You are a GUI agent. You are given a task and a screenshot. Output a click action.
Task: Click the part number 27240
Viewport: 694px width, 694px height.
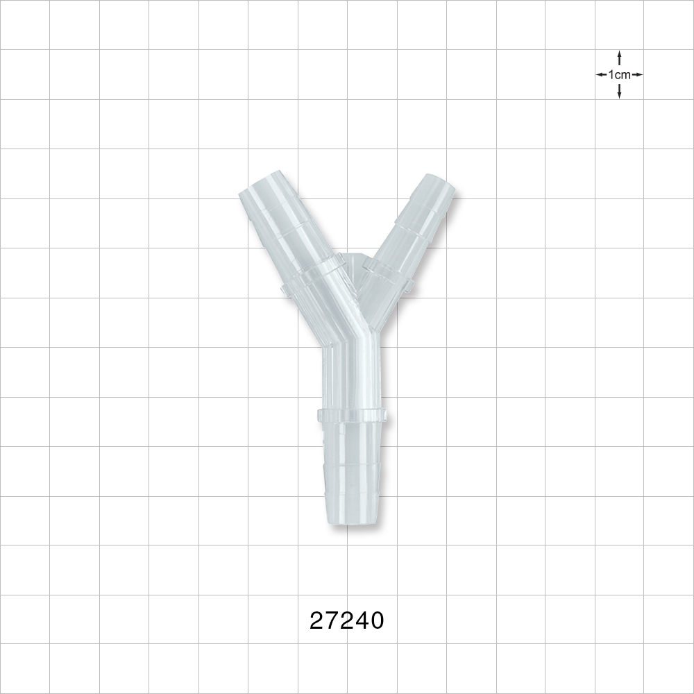pyautogui.click(x=346, y=620)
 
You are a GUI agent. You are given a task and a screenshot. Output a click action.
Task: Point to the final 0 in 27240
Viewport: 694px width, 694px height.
pyautogui.click(x=376, y=620)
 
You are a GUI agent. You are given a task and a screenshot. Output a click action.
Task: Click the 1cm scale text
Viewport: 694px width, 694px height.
pyautogui.click(x=619, y=74)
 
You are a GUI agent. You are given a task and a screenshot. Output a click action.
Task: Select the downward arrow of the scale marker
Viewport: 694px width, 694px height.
pyautogui.click(x=619, y=92)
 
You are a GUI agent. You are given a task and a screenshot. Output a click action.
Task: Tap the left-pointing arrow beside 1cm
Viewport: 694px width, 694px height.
pyautogui.click(x=601, y=74)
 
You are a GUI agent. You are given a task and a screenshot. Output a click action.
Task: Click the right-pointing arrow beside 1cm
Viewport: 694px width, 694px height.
pyautogui.click(x=637, y=74)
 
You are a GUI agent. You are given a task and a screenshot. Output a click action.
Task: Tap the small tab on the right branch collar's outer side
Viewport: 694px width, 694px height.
pyautogui.click(x=409, y=285)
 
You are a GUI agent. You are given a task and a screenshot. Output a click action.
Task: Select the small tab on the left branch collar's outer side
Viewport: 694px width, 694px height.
pyautogui.click(x=285, y=287)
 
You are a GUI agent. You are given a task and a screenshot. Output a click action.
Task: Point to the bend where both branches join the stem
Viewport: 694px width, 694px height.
pyautogui.click(x=350, y=340)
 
